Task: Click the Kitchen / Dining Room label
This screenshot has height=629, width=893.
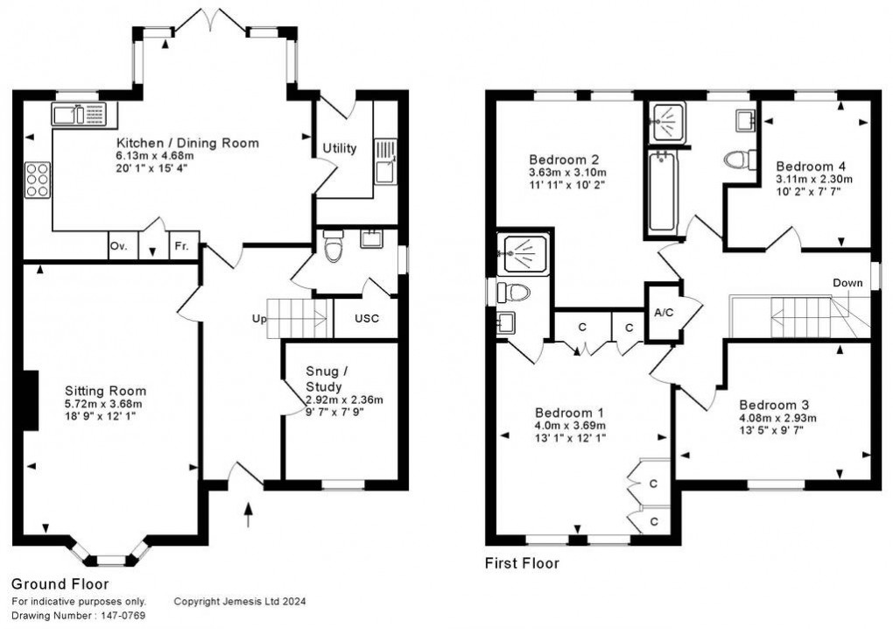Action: pyautogui.click(x=187, y=143)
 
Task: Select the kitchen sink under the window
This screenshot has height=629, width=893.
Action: pyautogui.click(x=78, y=114)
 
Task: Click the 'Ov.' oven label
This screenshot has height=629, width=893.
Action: pyautogui.click(x=118, y=246)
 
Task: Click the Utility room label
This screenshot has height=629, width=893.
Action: pyautogui.click(x=340, y=148)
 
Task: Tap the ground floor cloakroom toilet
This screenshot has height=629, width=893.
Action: pyautogui.click(x=334, y=248)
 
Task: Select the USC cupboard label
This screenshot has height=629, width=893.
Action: pyautogui.click(x=366, y=318)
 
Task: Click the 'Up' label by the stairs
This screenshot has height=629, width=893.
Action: pyautogui.click(x=259, y=318)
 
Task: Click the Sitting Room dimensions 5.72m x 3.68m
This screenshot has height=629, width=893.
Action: pyautogui.click(x=104, y=404)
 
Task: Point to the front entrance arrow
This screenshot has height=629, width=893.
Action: pyautogui.click(x=249, y=513)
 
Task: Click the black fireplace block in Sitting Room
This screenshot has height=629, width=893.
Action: pyautogui.click(x=32, y=400)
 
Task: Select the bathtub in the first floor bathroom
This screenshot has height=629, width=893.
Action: pyautogui.click(x=663, y=194)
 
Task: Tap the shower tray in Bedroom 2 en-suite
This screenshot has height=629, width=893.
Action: pyautogui.click(x=524, y=254)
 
